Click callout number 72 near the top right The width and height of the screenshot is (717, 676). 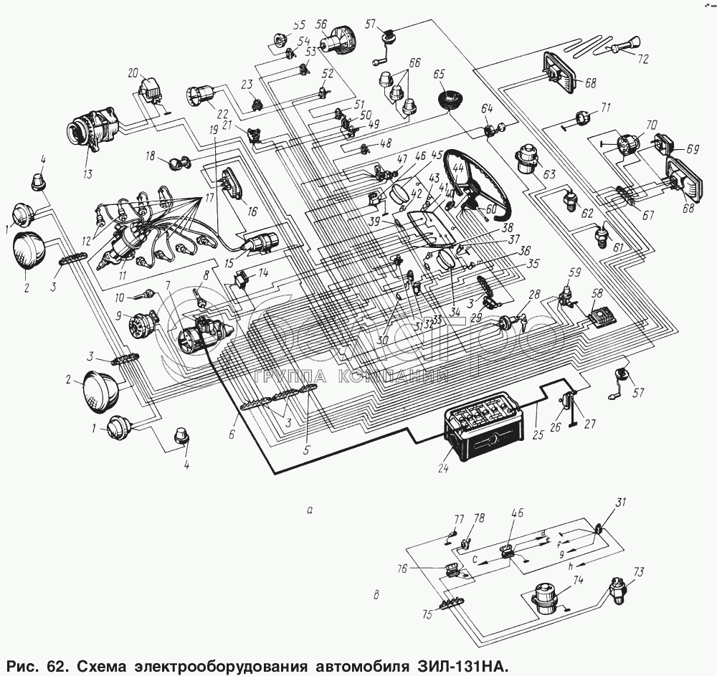pos(642,59)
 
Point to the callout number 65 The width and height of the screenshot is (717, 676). pos(440,74)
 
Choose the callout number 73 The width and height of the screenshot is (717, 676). pos(638,571)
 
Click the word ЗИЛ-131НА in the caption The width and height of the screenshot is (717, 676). pos(462,665)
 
